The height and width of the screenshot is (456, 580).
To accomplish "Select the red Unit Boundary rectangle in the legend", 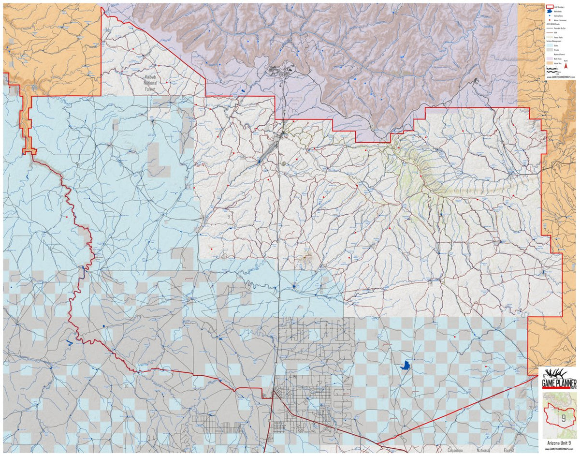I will [x=550, y=7].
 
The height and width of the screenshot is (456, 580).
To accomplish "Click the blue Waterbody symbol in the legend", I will [x=550, y=12].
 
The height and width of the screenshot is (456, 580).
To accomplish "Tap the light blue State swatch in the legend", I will [x=550, y=44].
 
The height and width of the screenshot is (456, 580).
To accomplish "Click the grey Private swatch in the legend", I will [x=550, y=50].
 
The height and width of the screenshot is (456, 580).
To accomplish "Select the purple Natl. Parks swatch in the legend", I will [x=550, y=59].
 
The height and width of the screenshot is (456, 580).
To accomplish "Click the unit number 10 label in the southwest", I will [x=127, y=386].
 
